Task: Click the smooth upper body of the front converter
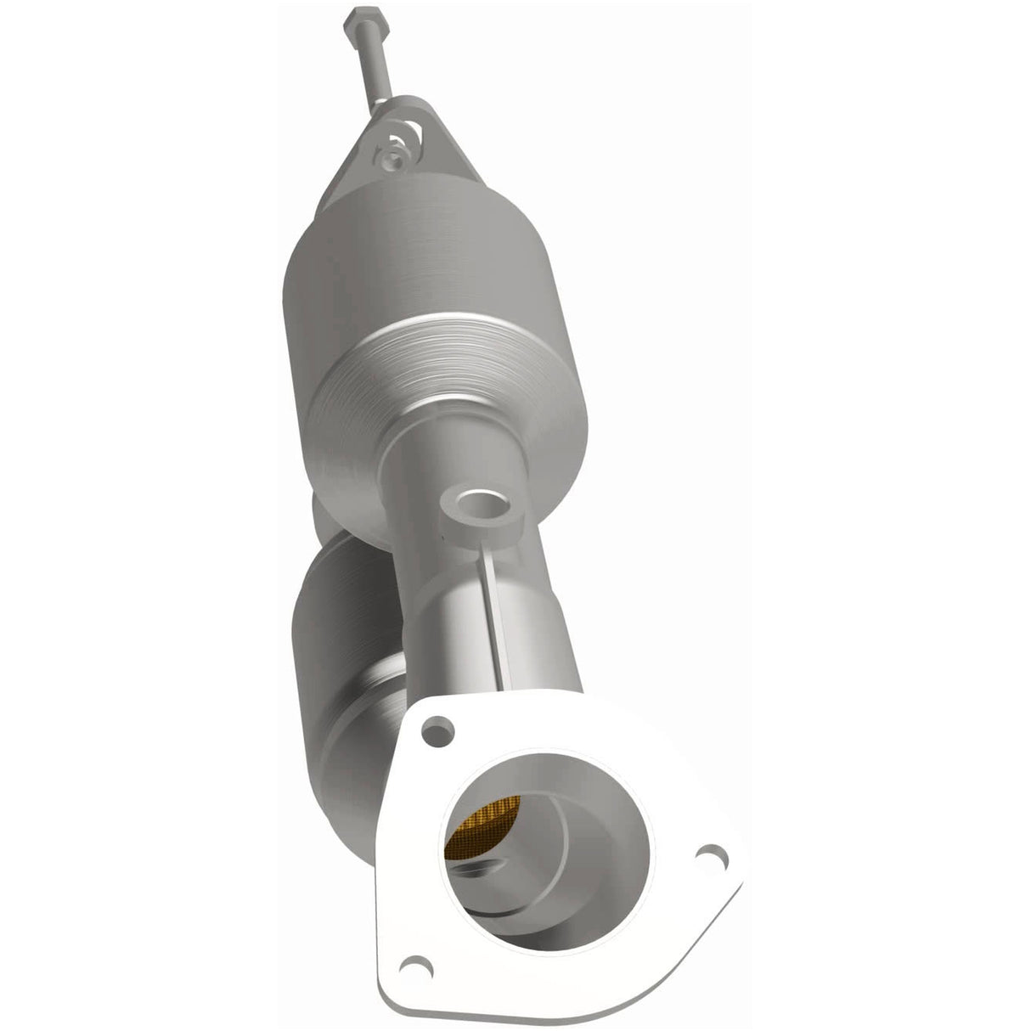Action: pos(391,255)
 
